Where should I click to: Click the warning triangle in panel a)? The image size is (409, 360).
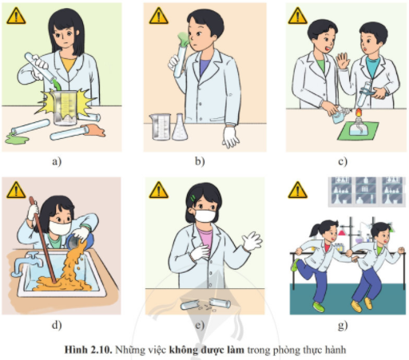pyautogui.click(x=16, y=16)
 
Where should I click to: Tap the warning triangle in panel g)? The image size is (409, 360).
pyautogui.click(x=298, y=190)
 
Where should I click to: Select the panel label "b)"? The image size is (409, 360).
pyautogui.click(x=200, y=161)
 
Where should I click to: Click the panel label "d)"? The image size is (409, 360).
pyautogui.click(x=57, y=325)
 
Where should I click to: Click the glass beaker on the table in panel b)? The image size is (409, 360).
pyautogui.click(x=161, y=127)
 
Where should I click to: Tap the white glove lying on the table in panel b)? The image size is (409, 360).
pyautogui.click(x=231, y=136)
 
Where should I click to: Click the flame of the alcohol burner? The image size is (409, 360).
pyautogui.click(x=358, y=112)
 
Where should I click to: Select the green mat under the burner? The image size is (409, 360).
pyautogui.click(x=358, y=131)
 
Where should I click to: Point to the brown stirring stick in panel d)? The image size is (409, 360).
pyautogui.click(x=42, y=239)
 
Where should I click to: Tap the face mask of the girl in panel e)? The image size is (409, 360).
pyautogui.click(x=204, y=215)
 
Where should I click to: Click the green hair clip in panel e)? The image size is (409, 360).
pyautogui.click(x=193, y=198)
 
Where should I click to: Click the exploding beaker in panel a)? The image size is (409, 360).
pyautogui.click(x=65, y=108)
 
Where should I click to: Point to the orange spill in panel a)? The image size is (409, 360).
pyautogui.click(x=94, y=130)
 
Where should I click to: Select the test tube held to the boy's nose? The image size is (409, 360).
pyautogui.click(x=180, y=59)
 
